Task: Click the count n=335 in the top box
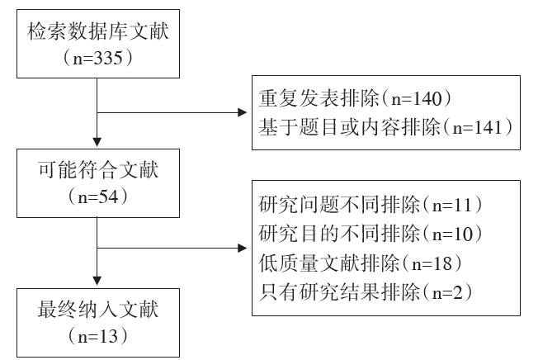click(x=98, y=58)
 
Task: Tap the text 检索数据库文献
click(x=98, y=31)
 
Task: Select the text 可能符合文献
click(x=98, y=170)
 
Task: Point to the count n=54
click(x=98, y=197)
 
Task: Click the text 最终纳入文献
click(x=98, y=310)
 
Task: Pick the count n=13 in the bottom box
click(x=98, y=336)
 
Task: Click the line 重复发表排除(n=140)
click(x=355, y=98)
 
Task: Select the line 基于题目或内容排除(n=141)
click(x=386, y=127)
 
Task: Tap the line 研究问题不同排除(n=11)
click(x=371, y=205)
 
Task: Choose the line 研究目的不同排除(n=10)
click(x=371, y=234)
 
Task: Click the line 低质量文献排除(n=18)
click(x=361, y=263)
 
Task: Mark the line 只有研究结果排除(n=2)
click(x=366, y=292)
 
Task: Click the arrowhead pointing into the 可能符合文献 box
click(x=97, y=142)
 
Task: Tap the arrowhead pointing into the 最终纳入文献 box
click(x=97, y=281)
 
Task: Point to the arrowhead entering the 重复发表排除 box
click(x=243, y=112)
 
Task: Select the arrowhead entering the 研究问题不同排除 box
click(x=243, y=248)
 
